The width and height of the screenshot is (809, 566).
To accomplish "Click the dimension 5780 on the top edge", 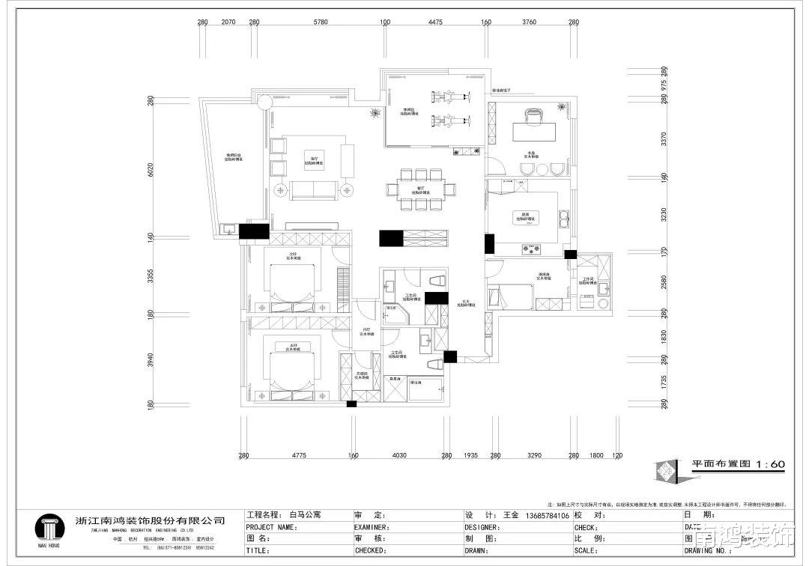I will click(x=320, y=22).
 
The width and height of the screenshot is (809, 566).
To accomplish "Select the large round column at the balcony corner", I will click(x=264, y=102).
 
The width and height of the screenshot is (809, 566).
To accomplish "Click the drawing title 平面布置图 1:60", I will click(x=737, y=465).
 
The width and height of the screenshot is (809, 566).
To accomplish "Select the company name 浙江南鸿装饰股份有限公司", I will click(x=151, y=520).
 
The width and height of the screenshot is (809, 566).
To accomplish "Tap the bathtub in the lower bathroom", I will click(x=426, y=389).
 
